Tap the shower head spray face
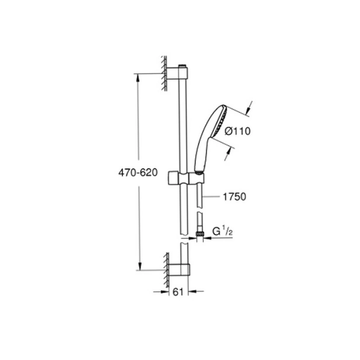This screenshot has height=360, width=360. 220,121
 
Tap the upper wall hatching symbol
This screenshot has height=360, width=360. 162,71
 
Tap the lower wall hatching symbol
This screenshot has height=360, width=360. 163,263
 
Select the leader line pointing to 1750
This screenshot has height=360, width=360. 212,195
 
